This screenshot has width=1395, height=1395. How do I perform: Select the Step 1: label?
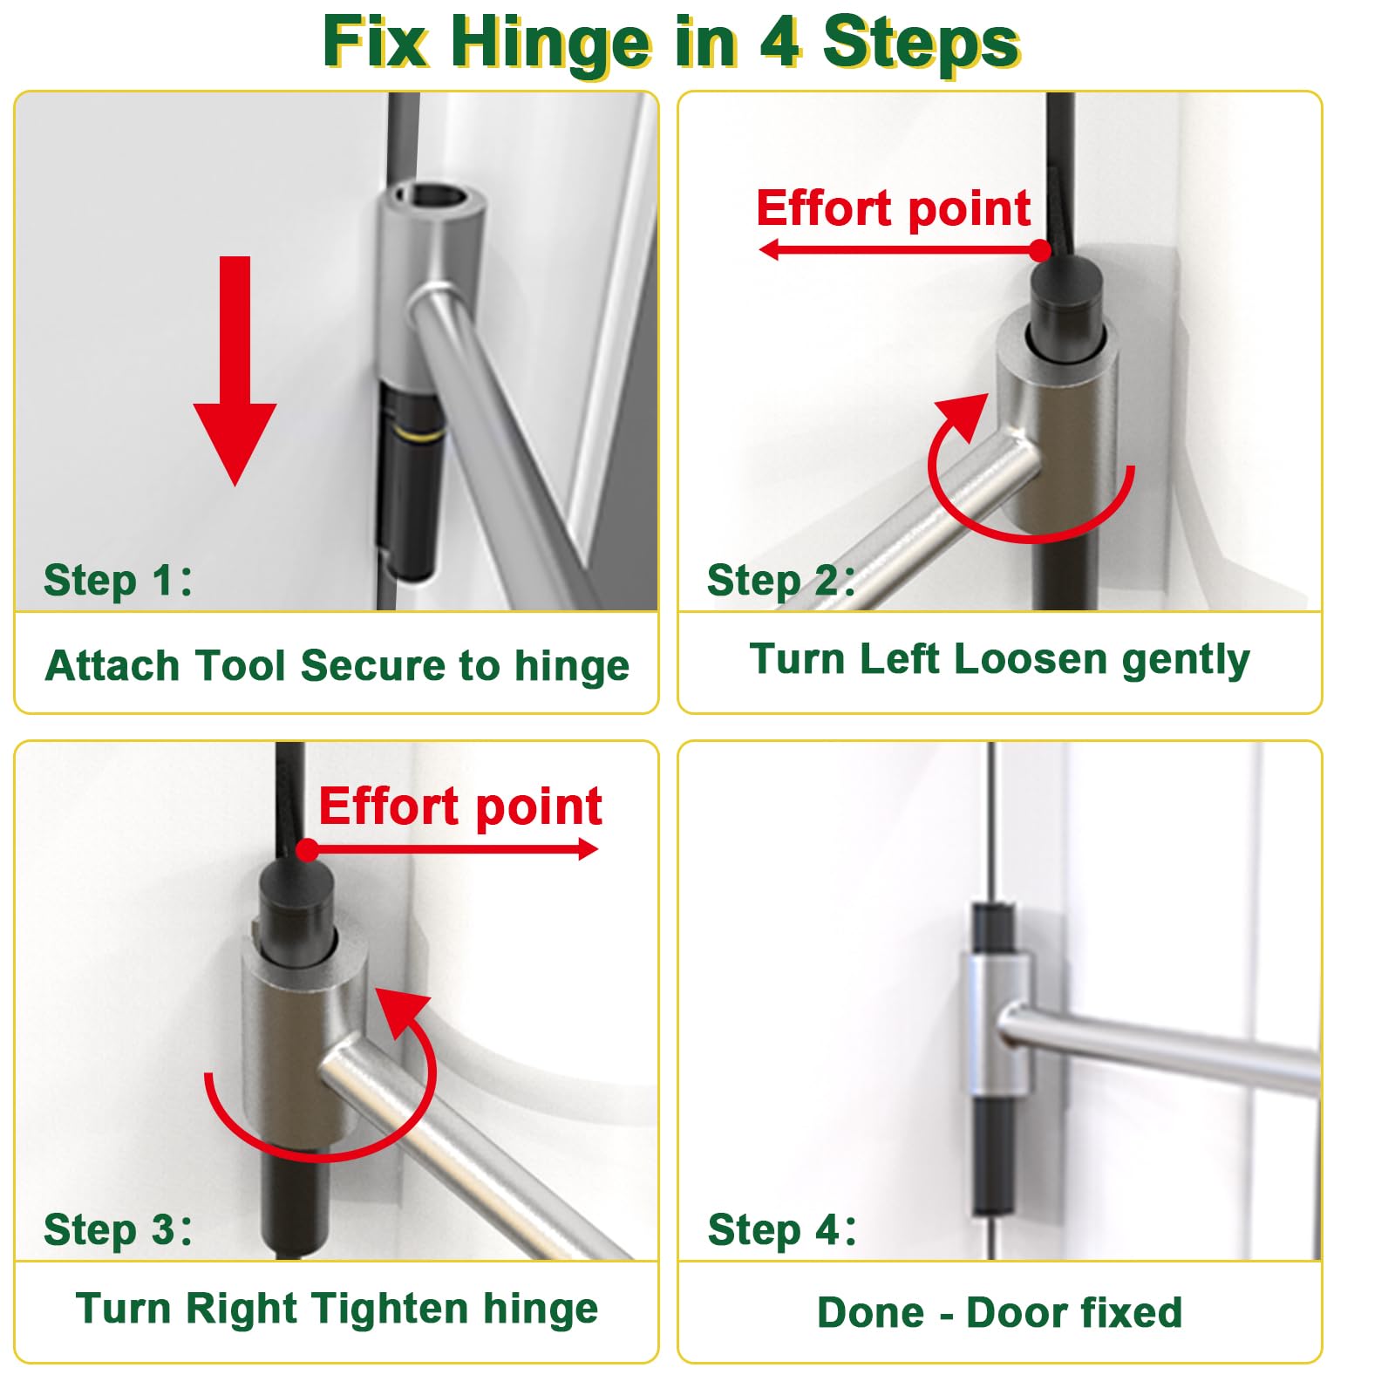coord(118,580)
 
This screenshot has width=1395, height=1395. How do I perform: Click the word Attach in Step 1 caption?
coord(112,666)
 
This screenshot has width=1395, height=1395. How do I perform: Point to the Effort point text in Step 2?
coord(893,208)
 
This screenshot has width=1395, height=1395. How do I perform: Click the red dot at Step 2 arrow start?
coord(1040,251)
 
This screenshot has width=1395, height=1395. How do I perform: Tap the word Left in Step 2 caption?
coord(902,659)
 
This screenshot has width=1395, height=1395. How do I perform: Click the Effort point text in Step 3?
coord(460,806)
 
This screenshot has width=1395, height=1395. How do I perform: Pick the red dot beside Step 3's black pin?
coord(307,850)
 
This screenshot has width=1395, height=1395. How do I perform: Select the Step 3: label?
coord(118,1229)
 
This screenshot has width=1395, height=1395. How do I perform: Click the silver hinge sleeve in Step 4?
coord(996,1024)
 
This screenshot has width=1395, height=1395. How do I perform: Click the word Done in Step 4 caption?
coord(870,1312)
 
